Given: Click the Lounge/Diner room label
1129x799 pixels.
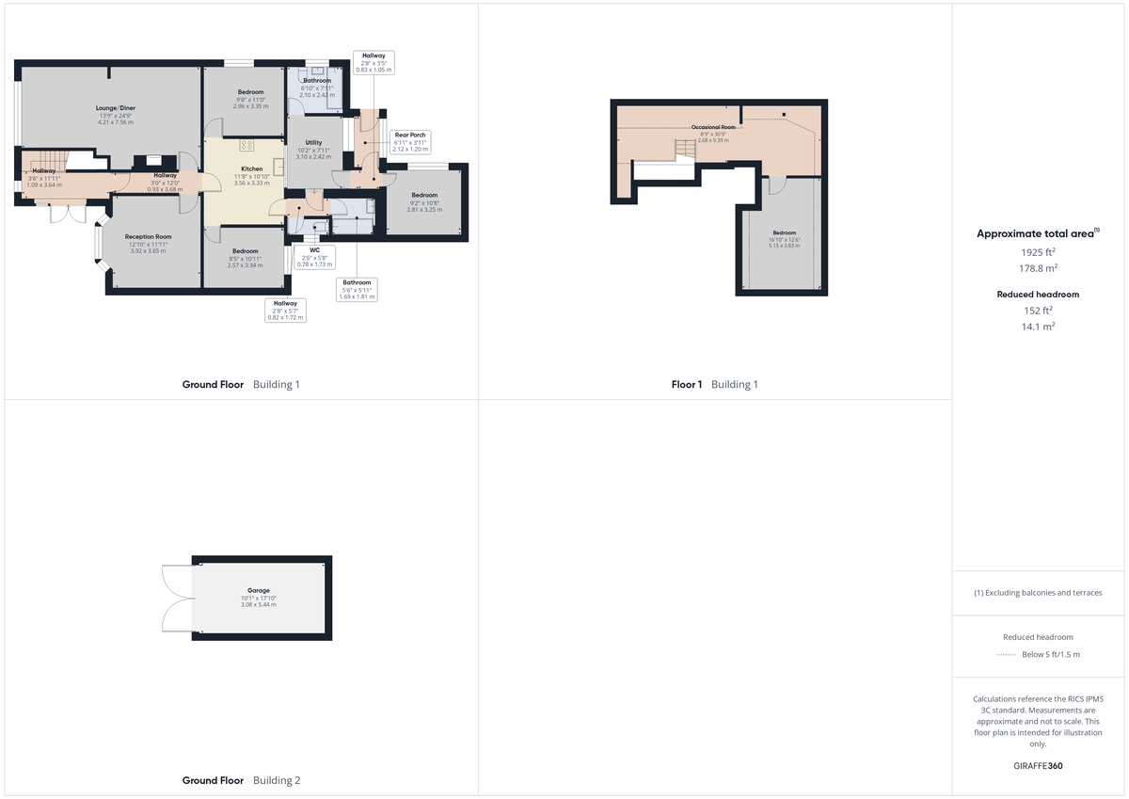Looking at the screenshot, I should (x=116, y=108).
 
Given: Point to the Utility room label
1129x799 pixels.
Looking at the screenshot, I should (x=313, y=143).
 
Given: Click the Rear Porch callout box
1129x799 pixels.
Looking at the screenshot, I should (x=410, y=141).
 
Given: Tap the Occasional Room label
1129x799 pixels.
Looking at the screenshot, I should (x=713, y=127).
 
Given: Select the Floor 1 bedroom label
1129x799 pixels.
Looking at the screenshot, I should (x=785, y=232).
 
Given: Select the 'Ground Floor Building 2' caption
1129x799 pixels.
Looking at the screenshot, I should (x=242, y=780).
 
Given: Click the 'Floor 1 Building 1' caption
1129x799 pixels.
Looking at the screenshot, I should (x=714, y=384).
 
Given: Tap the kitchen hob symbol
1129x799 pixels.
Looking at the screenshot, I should (x=247, y=146).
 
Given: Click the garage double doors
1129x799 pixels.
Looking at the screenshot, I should (x=177, y=598).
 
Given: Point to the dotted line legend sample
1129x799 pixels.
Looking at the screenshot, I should (x=1007, y=655).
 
